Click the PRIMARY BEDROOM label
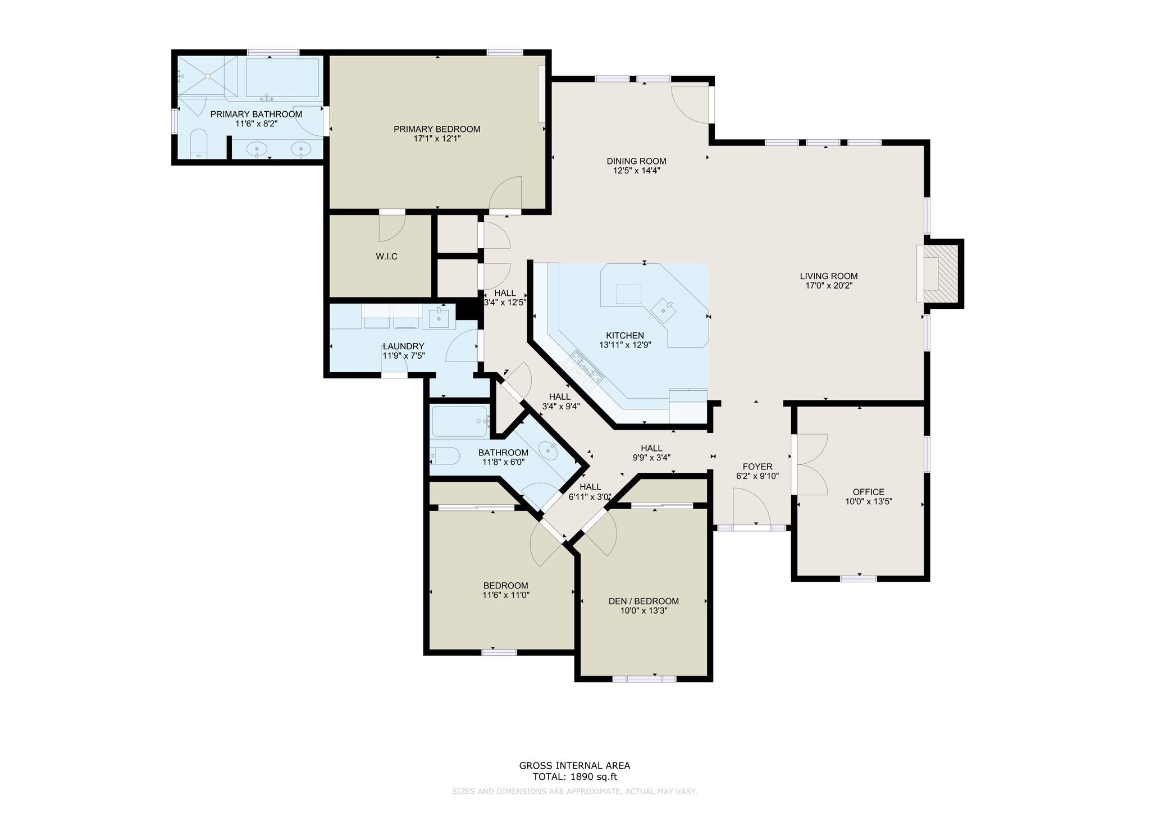click(x=437, y=129)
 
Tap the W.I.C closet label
click(x=386, y=257)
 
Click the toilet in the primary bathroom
click(x=199, y=143)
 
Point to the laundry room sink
click(x=439, y=318)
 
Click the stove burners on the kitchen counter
click(x=586, y=367)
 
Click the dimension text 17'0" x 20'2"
click(x=829, y=285)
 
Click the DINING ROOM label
click(x=636, y=161)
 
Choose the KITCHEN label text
click(x=624, y=336)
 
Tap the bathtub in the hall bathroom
click(x=459, y=422)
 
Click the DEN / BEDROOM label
click(x=644, y=601)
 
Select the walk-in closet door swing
click(x=392, y=227)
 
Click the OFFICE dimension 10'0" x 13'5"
click(x=869, y=501)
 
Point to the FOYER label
click(x=757, y=467)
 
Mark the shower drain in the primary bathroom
click(x=207, y=76)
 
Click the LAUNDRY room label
click(x=403, y=346)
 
